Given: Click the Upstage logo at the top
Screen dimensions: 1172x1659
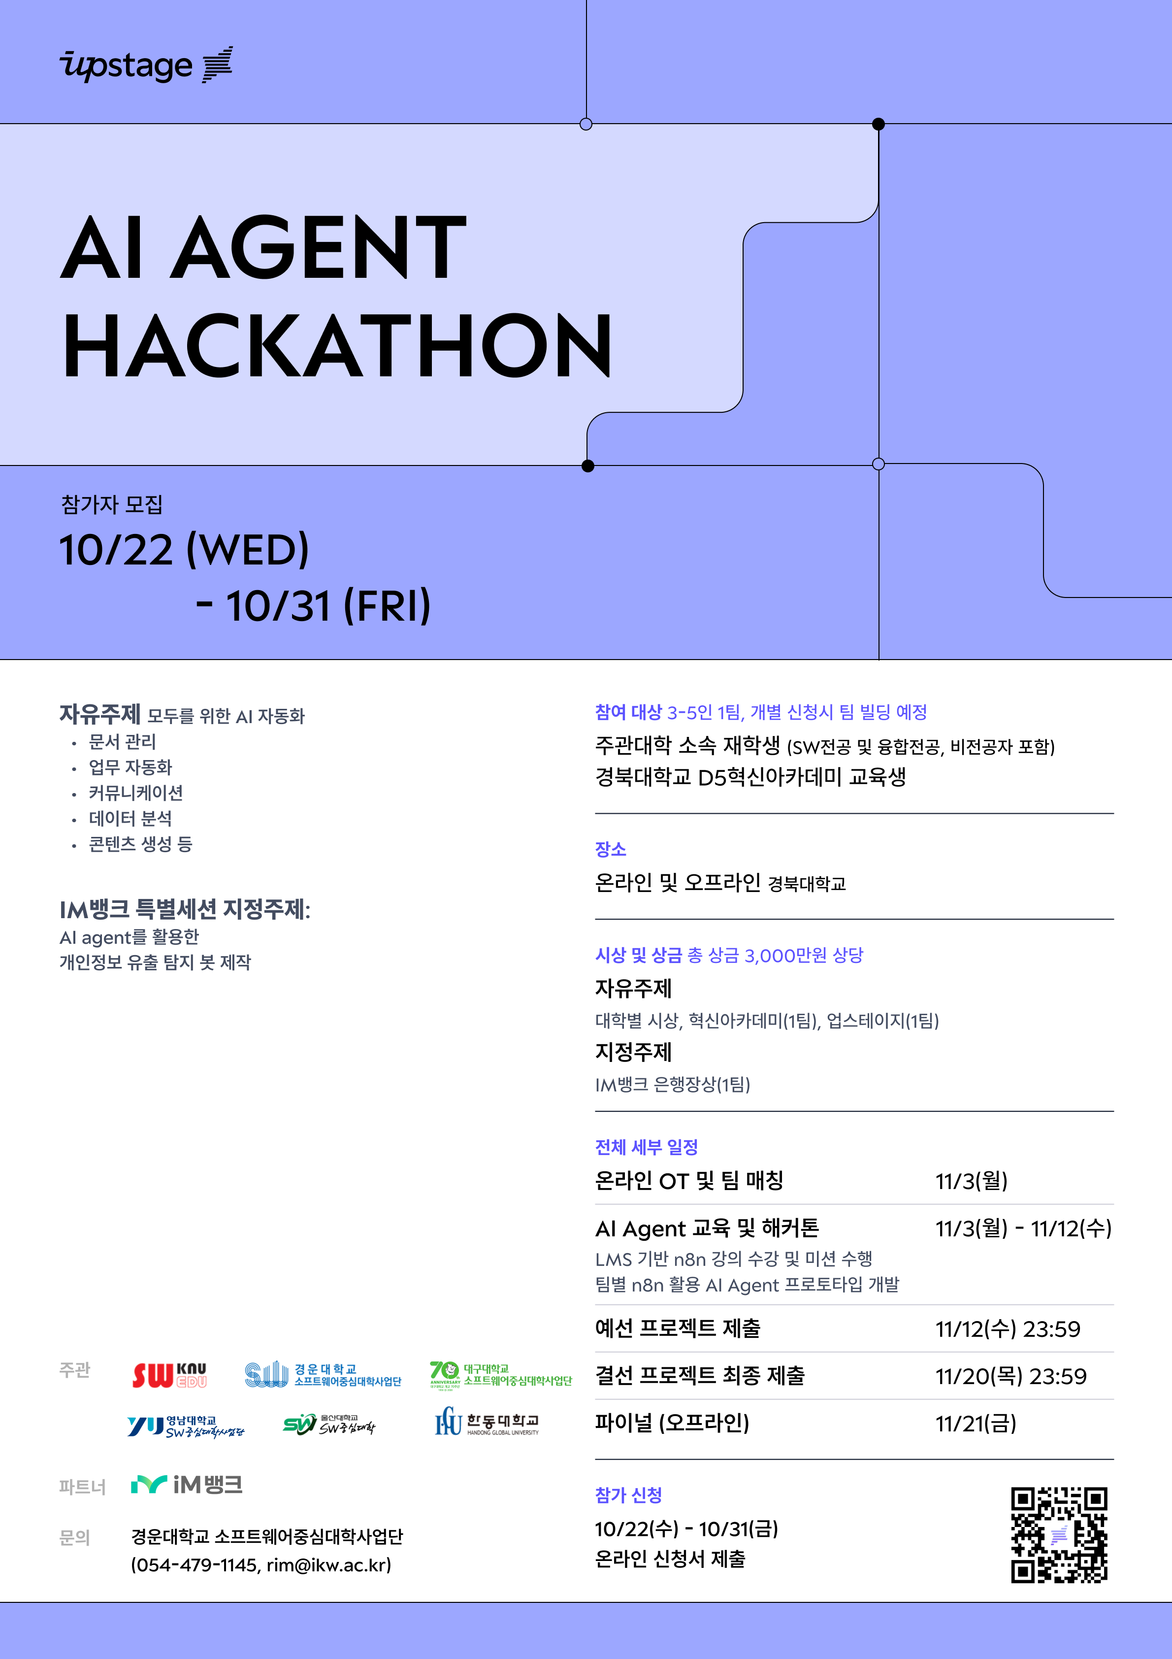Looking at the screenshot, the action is pos(146,65).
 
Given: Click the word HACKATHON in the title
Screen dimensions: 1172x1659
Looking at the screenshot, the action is pos(337,346).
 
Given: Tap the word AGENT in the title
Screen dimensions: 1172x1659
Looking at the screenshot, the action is pos(319,247).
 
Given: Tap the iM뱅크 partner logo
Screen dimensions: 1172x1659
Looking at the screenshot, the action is pos(187,1485).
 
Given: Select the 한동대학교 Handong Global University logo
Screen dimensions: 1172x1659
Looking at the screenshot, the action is pos(487,1422).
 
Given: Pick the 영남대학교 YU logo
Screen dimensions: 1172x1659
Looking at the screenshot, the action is pos(186,1426).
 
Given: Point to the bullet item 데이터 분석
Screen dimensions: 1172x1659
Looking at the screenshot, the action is pos(130,819).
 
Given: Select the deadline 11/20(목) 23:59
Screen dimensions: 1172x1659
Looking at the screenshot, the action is pos(1011,1376).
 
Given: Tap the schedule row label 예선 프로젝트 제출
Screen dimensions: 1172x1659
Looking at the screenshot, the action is pos(678,1328).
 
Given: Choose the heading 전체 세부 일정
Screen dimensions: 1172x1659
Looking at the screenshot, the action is pos(647,1147).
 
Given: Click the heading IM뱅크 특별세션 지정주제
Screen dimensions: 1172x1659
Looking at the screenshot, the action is pos(184,909).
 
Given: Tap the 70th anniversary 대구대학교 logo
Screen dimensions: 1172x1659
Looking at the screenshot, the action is pos(500,1375).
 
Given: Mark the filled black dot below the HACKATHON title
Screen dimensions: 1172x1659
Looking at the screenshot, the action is pos(588,466).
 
